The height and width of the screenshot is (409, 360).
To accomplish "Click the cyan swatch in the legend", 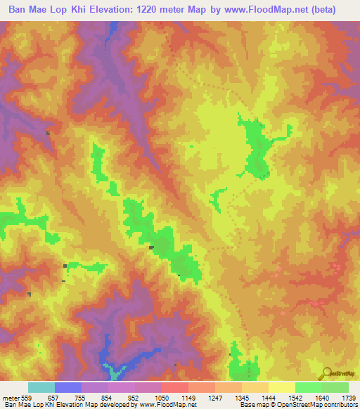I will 41,387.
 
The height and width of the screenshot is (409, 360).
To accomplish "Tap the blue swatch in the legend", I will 67,387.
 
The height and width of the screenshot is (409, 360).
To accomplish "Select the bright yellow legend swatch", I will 281,387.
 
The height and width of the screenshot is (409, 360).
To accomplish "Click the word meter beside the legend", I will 11,398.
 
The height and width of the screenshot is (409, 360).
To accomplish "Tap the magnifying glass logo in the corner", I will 328,373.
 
